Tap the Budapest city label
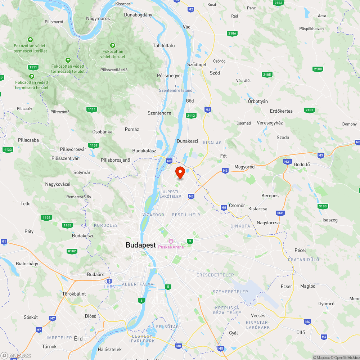pyautogui.click(x=140, y=245)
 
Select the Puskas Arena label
pyautogui.click(x=171, y=247)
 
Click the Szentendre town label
pyautogui.click(x=159, y=113)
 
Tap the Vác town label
pyautogui.click(x=186, y=27)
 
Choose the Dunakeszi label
pyautogui.click(x=187, y=141)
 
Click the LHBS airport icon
pyautogui.click(x=109, y=281)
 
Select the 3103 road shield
pyautogui.click(x=323, y=206)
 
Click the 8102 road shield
pyautogui.click(x=72, y=251)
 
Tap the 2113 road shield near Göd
pyautogui.click(x=191, y=115)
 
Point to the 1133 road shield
pyautogui.click(x=7, y=149)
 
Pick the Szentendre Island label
pyautogui.click(x=176, y=90)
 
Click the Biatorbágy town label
pyautogui.click(x=27, y=264)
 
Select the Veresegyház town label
pyautogui.click(x=270, y=123)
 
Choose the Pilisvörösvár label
pyautogui.click(x=73, y=149)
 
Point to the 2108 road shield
pyautogui.click(x=318, y=69)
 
